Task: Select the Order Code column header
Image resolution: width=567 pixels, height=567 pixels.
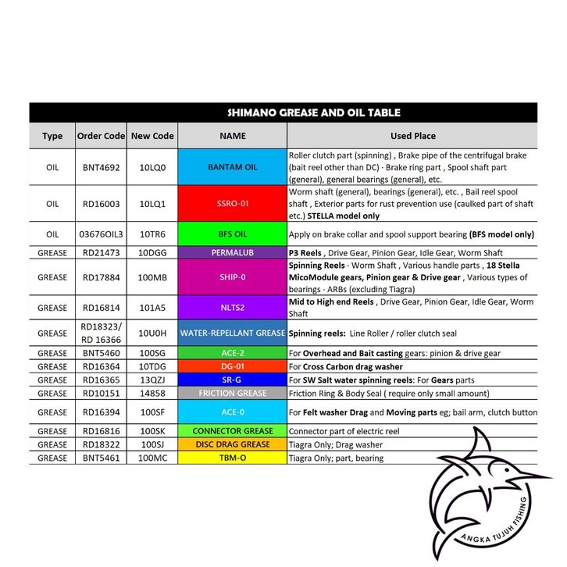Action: pyautogui.click(x=101, y=136)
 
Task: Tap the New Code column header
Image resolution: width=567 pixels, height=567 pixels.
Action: pyautogui.click(x=152, y=136)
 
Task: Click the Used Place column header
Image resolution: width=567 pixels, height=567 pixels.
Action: pyautogui.click(x=412, y=136)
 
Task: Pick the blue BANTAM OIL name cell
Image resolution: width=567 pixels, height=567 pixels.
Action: pyautogui.click(x=233, y=167)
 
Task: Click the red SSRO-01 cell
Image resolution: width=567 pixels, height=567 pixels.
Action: pyautogui.click(x=233, y=203)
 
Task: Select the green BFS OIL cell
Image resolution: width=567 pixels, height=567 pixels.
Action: pyautogui.click(x=233, y=234)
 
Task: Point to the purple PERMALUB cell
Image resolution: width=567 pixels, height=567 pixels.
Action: pyautogui.click(x=233, y=253)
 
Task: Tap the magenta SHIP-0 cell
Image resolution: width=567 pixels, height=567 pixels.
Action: pyautogui.click(x=233, y=277)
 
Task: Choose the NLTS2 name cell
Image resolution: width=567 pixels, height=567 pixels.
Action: pyautogui.click(x=233, y=307)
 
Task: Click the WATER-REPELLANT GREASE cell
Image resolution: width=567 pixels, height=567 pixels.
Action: pyautogui.click(x=233, y=333)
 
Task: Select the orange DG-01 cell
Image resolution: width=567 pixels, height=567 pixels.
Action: pyautogui.click(x=233, y=366)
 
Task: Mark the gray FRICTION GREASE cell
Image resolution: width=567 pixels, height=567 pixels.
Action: pyautogui.click(x=233, y=394)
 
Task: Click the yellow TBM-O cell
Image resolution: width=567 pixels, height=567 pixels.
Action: pyautogui.click(x=233, y=458)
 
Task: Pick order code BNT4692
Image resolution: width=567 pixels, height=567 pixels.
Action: pyautogui.click(x=101, y=167)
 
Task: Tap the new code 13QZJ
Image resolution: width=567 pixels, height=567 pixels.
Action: pyautogui.click(x=152, y=380)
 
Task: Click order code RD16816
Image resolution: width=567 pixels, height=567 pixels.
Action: pyautogui.click(x=101, y=431)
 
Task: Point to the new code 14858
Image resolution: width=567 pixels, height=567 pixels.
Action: pyautogui.click(x=152, y=394)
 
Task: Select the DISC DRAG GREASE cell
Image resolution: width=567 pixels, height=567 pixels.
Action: pyautogui.click(x=233, y=444)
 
